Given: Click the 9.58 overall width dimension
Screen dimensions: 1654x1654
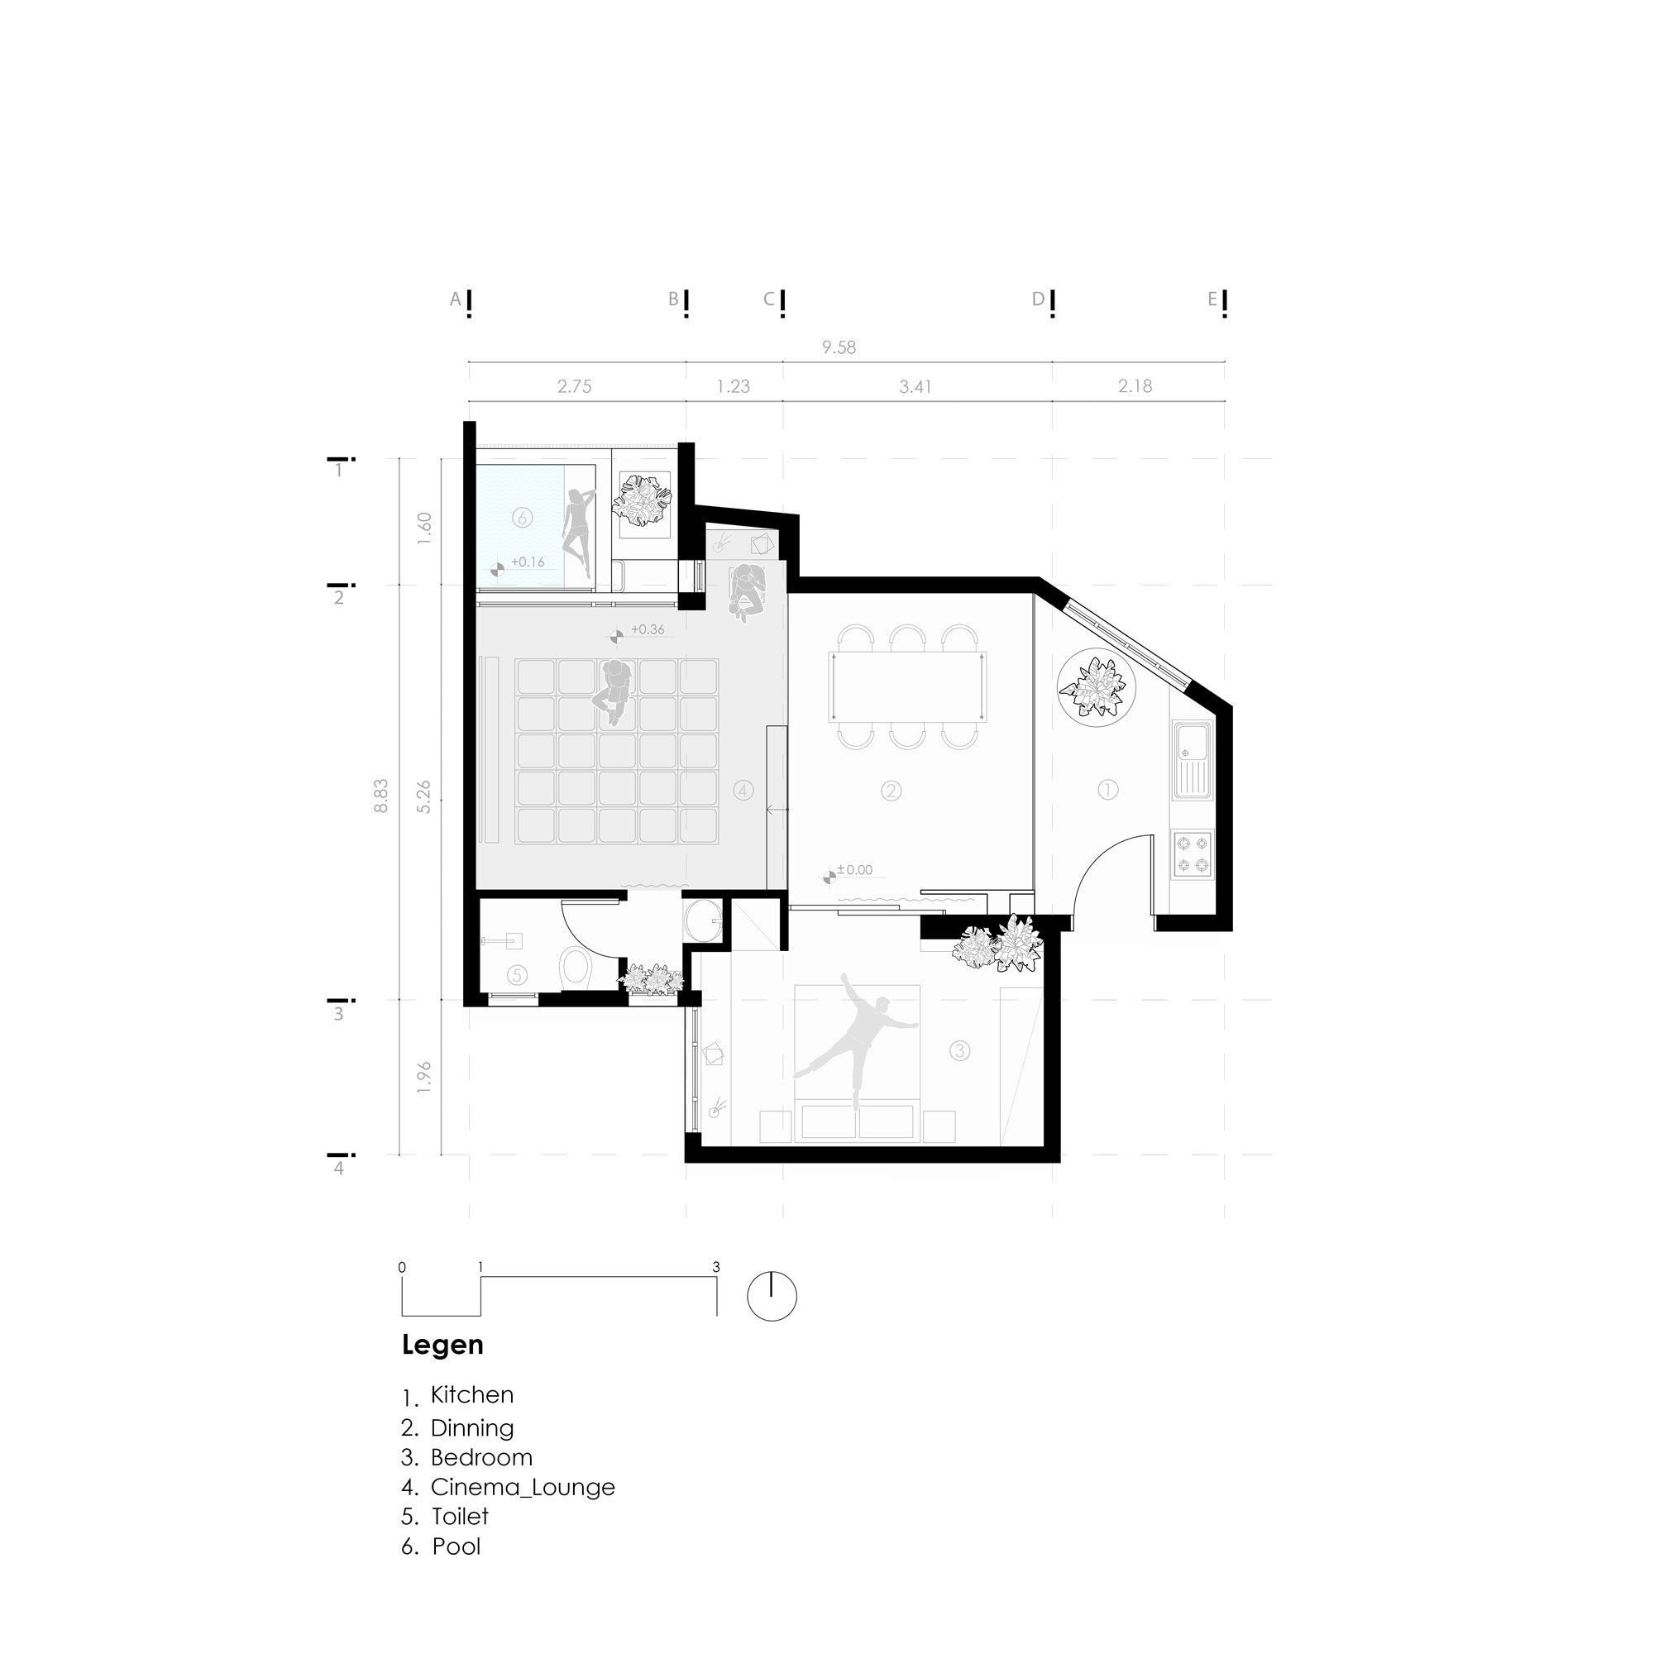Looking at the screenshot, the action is pos(838,347).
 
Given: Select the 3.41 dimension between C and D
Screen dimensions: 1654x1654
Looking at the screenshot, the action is pos(915,386).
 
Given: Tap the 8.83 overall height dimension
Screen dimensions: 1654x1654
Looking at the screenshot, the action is pos(381,796).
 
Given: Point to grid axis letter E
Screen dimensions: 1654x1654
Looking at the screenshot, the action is pos(1212,299).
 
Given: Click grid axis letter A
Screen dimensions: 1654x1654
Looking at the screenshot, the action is pos(456,299).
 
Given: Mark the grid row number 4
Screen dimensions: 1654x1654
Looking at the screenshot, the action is pos(339,1169).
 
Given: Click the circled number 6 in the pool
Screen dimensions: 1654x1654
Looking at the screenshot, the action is pos(521,517).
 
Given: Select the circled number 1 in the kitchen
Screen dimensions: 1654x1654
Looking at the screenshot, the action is pos(1107,789).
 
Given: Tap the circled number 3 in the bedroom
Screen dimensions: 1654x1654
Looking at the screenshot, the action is pos(958,1050).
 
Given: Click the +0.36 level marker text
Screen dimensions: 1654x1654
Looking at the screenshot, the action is pos(648,629).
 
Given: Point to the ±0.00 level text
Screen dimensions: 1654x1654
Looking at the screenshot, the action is pos(854,870).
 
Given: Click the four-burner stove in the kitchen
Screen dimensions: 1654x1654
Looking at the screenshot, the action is pos(1192,854).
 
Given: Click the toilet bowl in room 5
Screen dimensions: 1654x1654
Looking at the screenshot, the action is pos(576,967).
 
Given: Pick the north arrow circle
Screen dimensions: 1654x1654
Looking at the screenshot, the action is pos(772,1295).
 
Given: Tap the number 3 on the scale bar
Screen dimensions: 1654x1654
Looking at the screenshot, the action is pos(715,1267).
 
